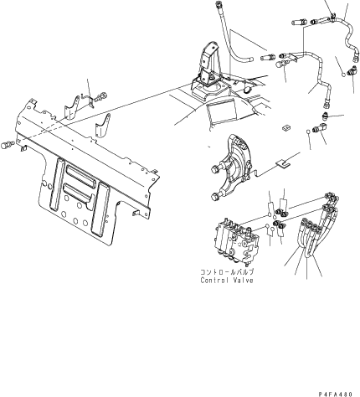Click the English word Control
coord(214,280)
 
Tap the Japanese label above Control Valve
coord(227,271)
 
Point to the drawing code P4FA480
coord(336,394)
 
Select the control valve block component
coord(236,242)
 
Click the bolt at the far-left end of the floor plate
coord(6,145)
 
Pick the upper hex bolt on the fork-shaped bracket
coord(216,168)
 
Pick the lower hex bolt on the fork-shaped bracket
coord(214,197)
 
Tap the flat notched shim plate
coord(283,163)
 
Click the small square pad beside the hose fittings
coord(285,128)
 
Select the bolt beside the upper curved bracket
coord(101,97)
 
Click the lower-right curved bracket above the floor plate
coord(103,126)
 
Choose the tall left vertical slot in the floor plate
coord(57,184)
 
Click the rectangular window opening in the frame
coord(222,113)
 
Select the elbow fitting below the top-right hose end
coord(352,70)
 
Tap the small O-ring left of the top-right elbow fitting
coord(344,74)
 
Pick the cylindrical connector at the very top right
coord(300,22)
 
